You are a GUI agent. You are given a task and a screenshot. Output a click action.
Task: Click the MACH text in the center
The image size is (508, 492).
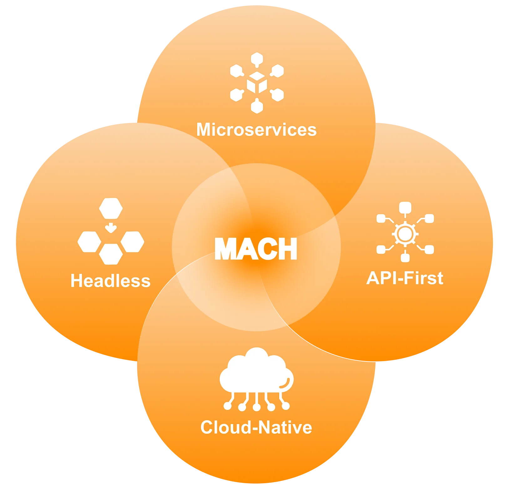256,249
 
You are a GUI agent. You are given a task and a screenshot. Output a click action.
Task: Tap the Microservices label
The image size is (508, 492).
256,129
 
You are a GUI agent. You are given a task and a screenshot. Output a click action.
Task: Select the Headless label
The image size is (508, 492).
110,281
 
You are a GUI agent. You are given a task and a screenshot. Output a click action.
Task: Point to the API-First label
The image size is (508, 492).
405,278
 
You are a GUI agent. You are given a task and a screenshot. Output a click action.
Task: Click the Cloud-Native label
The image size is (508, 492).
256,427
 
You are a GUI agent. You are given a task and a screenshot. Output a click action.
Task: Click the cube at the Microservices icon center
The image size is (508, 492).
257,82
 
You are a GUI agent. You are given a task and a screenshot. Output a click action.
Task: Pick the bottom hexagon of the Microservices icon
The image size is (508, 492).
257,106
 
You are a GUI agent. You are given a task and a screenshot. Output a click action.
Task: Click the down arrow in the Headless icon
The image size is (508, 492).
111,228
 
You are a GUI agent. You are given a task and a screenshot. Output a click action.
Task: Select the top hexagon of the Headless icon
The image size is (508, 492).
111,208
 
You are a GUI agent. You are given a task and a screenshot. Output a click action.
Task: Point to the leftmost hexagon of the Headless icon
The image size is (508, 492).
89,242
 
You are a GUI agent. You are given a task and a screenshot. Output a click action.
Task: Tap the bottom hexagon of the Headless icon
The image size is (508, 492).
111,254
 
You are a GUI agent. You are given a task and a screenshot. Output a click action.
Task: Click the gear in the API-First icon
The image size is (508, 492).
405,234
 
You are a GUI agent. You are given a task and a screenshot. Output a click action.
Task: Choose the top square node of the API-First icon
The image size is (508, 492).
405,208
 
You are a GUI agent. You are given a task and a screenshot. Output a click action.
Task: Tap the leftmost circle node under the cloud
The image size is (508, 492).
228,406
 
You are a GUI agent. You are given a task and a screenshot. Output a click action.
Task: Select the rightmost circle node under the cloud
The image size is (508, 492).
285,406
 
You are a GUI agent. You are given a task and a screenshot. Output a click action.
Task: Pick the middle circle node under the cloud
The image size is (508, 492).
257,407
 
